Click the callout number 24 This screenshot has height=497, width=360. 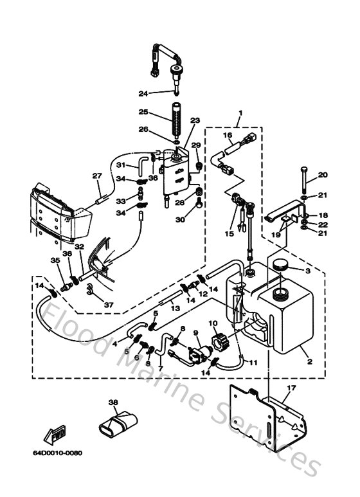[x=143, y=93]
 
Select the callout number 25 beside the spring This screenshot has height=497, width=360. [x=143, y=112]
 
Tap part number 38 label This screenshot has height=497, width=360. [x=113, y=402]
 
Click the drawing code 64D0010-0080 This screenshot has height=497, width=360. [x=58, y=453]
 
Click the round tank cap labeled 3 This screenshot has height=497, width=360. [x=282, y=264]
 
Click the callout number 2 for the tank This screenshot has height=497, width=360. [x=309, y=363]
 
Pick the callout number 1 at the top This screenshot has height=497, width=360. [x=240, y=116]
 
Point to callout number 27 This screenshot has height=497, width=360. [x=96, y=176]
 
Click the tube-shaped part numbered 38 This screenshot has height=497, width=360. [x=120, y=426]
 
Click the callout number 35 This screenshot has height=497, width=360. [x=54, y=260]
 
